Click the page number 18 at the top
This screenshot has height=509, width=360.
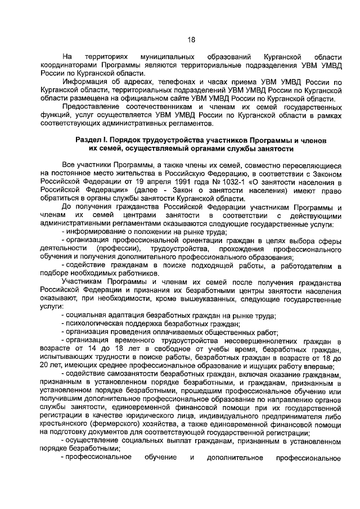(191, 40)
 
